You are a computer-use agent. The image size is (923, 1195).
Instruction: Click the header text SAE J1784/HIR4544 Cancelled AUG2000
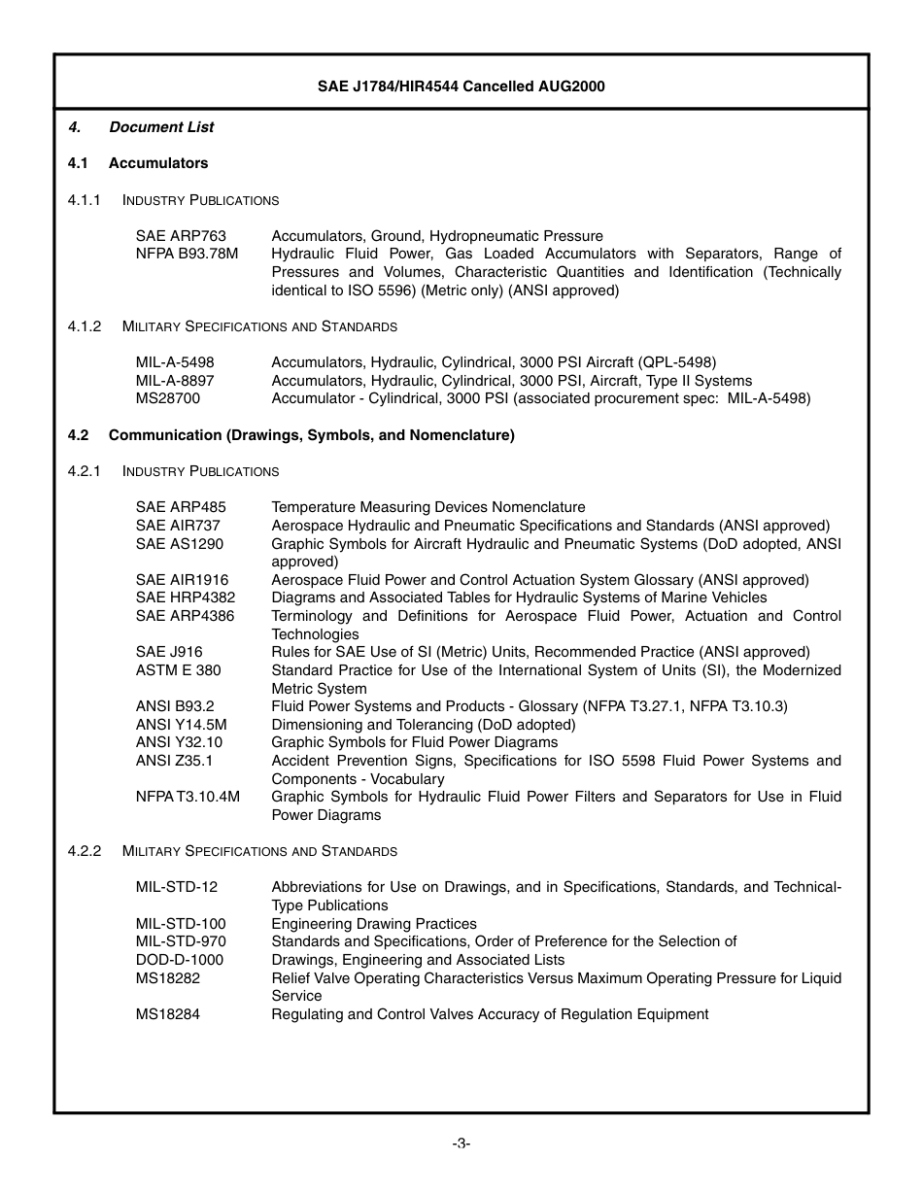click(x=461, y=86)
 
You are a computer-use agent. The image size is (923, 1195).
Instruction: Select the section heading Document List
click(x=161, y=127)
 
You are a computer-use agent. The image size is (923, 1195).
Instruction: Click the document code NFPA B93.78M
click(x=188, y=254)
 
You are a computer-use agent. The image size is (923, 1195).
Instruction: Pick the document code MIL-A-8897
click(x=175, y=381)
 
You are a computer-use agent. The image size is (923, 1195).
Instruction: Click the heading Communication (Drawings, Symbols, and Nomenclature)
click(x=311, y=435)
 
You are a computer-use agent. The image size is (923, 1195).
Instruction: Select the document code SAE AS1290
click(x=180, y=544)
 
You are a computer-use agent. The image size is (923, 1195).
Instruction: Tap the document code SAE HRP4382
click(x=186, y=597)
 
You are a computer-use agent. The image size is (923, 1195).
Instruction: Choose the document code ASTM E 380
click(x=178, y=670)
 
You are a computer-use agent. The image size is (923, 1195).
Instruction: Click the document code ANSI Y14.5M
click(x=182, y=725)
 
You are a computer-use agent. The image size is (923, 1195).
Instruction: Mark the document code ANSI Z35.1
click(x=174, y=761)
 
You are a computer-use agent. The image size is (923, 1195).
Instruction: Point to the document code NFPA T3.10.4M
click(x=188, y=797)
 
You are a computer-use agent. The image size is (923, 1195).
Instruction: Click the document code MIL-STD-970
click(x=181, y=941)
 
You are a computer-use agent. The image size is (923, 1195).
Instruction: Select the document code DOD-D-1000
click(x=180, y=960)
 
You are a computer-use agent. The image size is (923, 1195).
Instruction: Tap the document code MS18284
click(x=168, y=1014)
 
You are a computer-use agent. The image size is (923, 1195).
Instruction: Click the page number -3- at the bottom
click(x=461, y=1144)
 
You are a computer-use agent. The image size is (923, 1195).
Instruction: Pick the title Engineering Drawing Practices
click(x=374, y=924)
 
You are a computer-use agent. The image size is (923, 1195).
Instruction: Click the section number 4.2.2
click(x=85, y=851)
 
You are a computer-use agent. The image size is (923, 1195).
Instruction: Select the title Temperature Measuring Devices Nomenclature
click(x=428, y=507)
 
